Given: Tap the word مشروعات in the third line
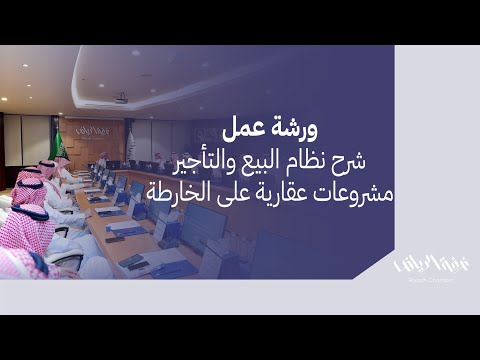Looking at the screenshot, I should pos(346,189).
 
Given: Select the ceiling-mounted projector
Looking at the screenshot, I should pos(121,98).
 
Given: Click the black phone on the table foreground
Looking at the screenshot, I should pos(131,261).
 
